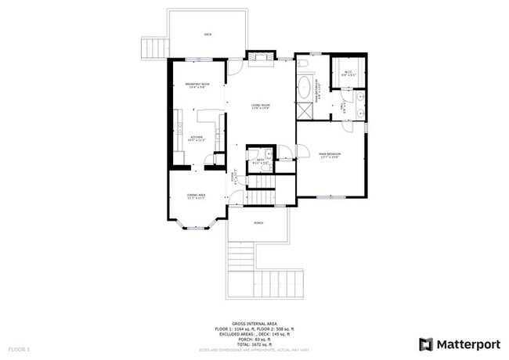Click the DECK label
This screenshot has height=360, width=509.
point(208,34)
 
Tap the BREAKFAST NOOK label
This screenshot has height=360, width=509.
point(197,85)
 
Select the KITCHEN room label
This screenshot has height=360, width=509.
point(197,139)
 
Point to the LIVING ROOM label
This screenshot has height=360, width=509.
point(260,106)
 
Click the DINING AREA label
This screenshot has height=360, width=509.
point(196,196)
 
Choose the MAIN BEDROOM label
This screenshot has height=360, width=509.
point(329,155)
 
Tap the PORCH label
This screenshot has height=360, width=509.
point(258,223)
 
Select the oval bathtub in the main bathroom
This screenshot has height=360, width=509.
point(302,88)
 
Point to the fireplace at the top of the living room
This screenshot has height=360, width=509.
point(259,57)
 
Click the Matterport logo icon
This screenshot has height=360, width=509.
point(426,343)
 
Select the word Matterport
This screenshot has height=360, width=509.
point(467,343)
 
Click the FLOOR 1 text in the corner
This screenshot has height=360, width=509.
point(19,348)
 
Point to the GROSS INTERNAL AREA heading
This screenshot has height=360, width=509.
point(254,322)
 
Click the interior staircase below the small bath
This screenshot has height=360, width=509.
point(264,184)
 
